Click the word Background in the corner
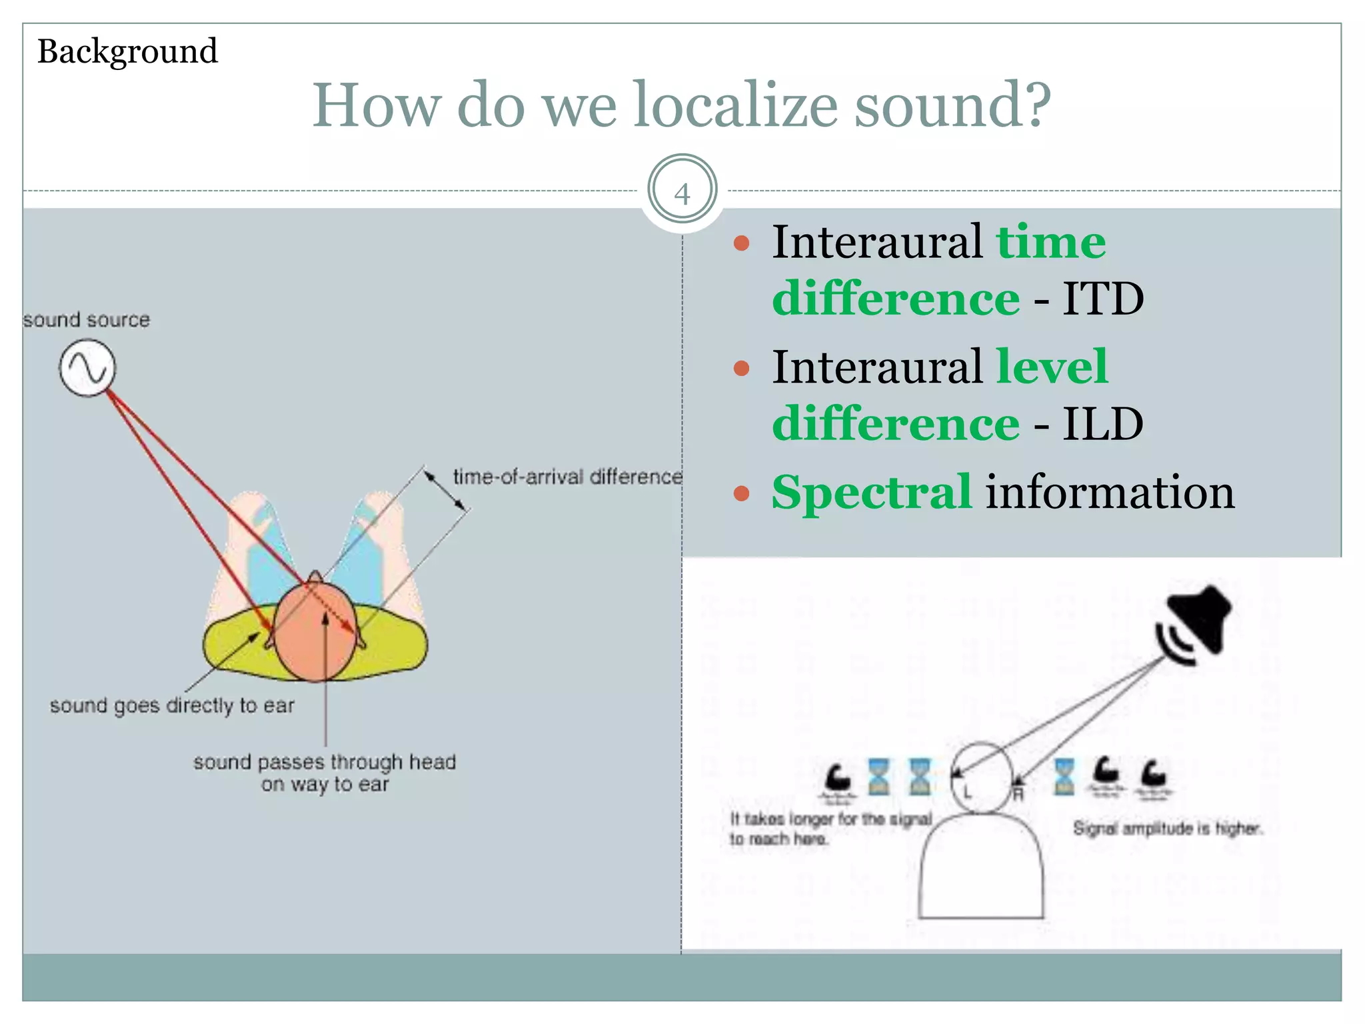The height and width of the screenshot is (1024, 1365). point(127,51)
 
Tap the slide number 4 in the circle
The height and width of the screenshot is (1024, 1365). point(682,194)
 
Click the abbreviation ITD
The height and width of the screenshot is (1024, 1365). point(1103,299)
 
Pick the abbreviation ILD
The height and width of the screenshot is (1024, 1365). point(1103,424)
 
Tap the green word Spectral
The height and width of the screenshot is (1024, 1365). point(872,493)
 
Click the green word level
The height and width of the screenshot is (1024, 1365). point(1052,367)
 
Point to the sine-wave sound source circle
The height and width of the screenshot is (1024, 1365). point(87,368)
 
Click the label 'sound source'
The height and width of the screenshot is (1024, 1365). point(87,320)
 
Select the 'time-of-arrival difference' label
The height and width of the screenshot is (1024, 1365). point(567,477)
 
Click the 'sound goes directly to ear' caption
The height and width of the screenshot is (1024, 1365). point(172,705)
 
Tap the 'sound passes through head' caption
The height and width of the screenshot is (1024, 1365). point(325,762)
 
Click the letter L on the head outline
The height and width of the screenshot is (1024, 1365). point(967,793)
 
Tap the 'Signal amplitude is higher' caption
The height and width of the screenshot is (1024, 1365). point(1167,829)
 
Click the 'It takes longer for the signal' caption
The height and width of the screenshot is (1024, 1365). point(830,819)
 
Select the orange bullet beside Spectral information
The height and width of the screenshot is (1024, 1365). point(741,493)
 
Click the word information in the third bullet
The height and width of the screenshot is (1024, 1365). point(1110,493)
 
